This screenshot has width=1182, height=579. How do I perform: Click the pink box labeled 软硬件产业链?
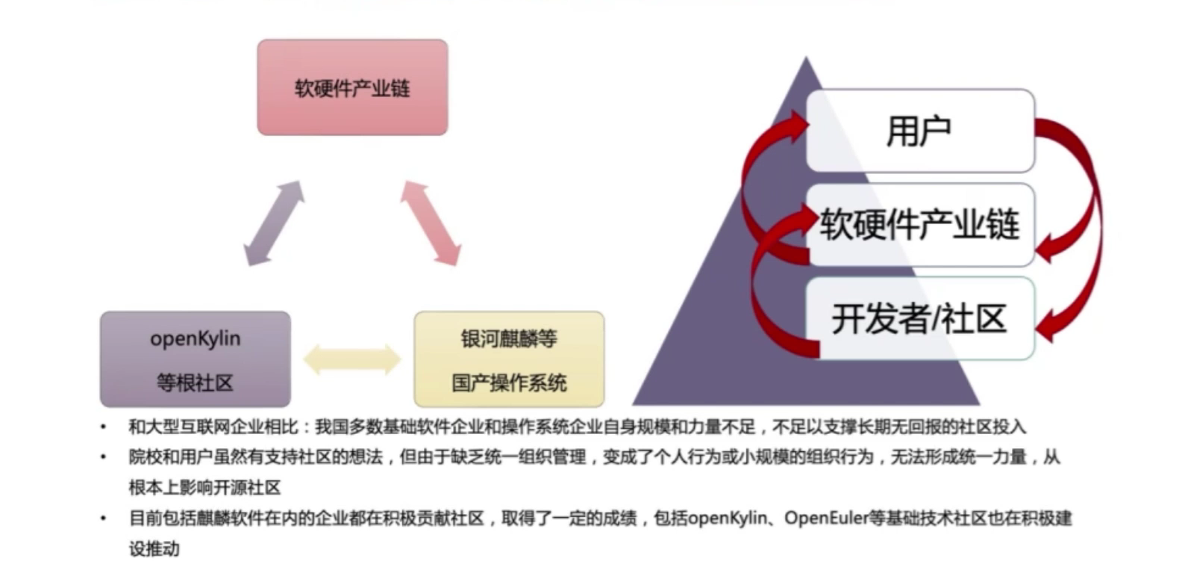(352, 87)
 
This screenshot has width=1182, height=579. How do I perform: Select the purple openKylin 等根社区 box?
(196, 359)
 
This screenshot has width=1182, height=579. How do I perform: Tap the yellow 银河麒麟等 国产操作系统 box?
(509, 359)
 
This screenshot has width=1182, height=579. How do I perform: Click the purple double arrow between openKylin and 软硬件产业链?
(275, 223)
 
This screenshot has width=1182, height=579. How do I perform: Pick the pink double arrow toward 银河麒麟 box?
(430, 223)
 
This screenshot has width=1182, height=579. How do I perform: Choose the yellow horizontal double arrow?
(352, 359)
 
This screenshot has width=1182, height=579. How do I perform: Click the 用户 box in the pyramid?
(919, 131)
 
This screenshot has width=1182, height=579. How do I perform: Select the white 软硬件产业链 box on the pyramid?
(919, 224)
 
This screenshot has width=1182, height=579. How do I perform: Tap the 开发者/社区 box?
(919, 318)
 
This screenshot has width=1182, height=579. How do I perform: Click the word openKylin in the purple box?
(196, 338)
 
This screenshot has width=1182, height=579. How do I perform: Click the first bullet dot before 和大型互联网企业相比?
(104, 427)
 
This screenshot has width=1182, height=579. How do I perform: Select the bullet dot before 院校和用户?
(104, 457)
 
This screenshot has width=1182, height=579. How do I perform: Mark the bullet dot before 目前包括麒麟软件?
(104, 518)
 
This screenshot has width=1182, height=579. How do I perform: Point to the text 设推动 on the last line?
(154, 548)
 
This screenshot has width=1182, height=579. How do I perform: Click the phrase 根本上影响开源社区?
(204, 488)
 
